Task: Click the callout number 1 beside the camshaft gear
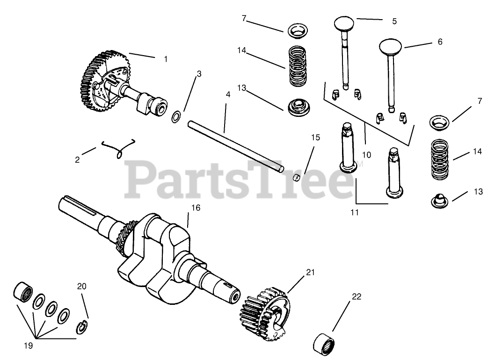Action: (x=165, y=59)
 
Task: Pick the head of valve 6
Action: (x=390, y=46)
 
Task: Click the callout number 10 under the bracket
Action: (x=366, y=154)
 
